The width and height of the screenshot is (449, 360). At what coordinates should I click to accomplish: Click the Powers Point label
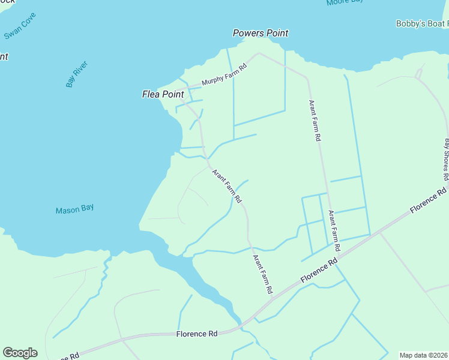(261, 34)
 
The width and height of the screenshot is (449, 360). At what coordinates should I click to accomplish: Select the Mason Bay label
(74, 209)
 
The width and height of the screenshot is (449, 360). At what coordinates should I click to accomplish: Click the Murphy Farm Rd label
(224, 75)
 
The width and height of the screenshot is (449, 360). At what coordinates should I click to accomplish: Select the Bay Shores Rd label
(446, 160)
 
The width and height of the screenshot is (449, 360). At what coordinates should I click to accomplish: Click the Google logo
(20, 353)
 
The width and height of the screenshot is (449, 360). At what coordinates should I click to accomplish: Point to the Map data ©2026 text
(424, 355)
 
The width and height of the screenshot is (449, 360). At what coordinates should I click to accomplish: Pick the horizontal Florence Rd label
(196, 334)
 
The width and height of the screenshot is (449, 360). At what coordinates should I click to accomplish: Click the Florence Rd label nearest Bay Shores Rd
(428, 201)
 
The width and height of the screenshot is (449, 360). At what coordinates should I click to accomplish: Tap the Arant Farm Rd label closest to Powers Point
(315, 120)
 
